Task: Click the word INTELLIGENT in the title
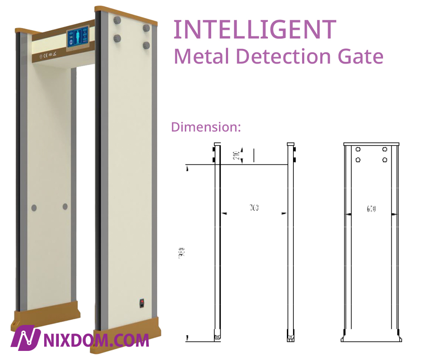pyautogui.click(x=254, y=29)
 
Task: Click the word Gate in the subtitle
pyautogui.click(x=363, y=57)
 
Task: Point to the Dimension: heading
pyautogui.click(x=206, y=127)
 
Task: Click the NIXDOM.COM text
pyautogui.click(x=97, y=340)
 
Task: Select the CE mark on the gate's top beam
pyautogui.click(x=45, y=56)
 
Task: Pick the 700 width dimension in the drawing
pyautogui.click(x=254, y=209)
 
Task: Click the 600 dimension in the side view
pyautogui.click(x=371, y=209)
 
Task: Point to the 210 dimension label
pyautogui.click(x=236, y=155)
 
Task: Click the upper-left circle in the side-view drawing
pyautogui.click(x=358, y=150)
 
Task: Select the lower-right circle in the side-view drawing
pyautogui.click(x=385, y=160)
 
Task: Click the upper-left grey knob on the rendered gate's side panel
pyautogui.click(x=116, y=20)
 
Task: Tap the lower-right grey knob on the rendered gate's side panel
pyautogui.click(x=146, y=45)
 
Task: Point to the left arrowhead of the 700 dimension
pyautogui.click(x=224, y=213)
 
